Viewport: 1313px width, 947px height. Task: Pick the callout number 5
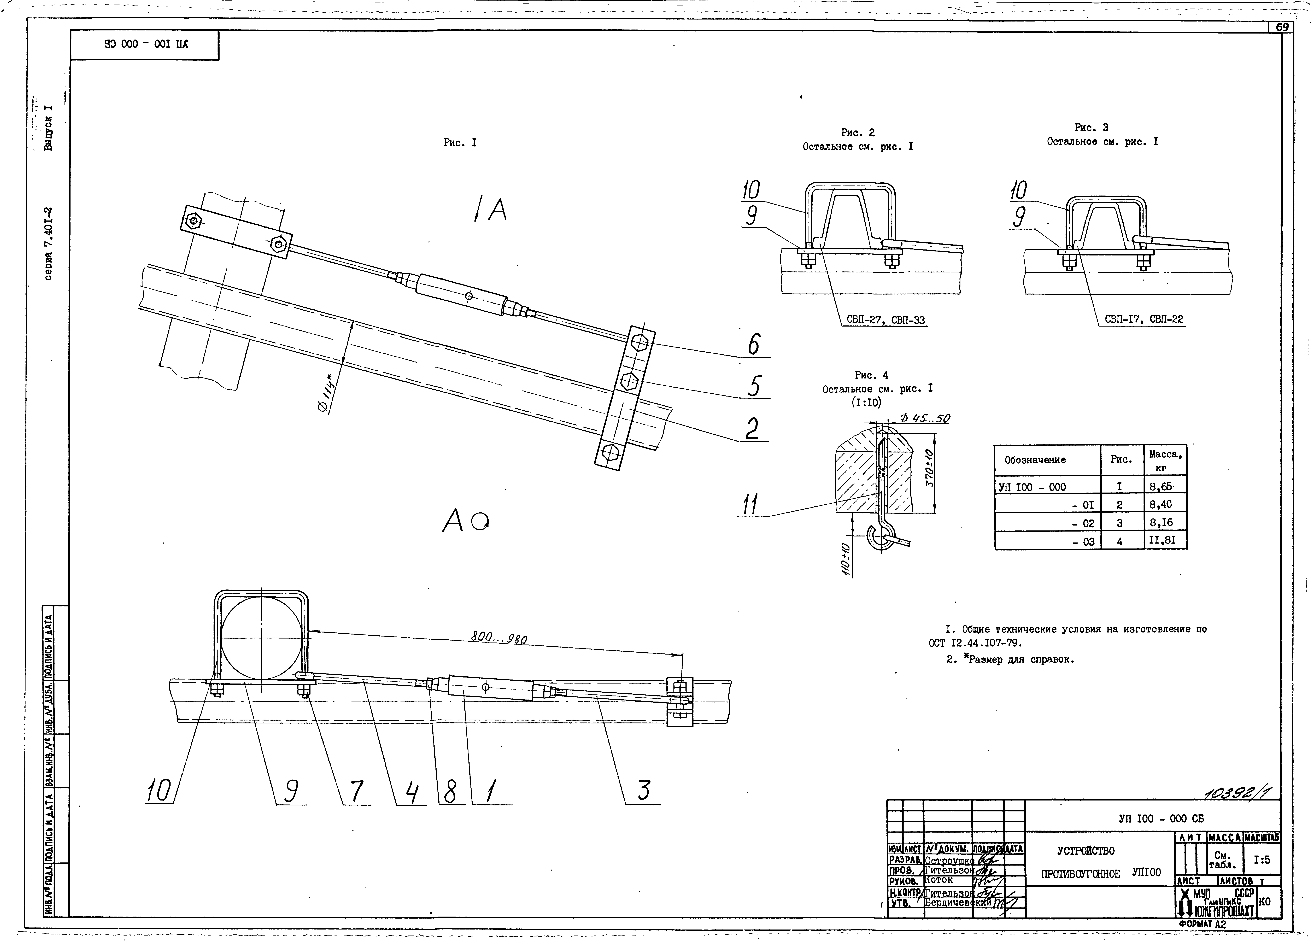click(753, 386)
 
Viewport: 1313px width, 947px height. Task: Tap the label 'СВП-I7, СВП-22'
click(1143, 319)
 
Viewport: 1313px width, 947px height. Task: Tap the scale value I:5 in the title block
click(1262, 860)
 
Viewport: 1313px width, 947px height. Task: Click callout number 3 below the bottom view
click(644, 791)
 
